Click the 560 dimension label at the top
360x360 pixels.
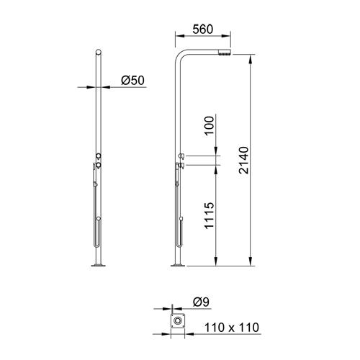click(x=202, y=30)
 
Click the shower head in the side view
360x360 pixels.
click(x=225, y=53)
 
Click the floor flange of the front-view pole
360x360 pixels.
click(x=98, y=266)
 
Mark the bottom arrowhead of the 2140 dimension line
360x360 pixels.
click(x=250, y=264)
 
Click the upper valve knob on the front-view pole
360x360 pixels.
click(x=98, y=156)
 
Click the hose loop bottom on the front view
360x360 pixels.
click(x=94, y=245)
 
